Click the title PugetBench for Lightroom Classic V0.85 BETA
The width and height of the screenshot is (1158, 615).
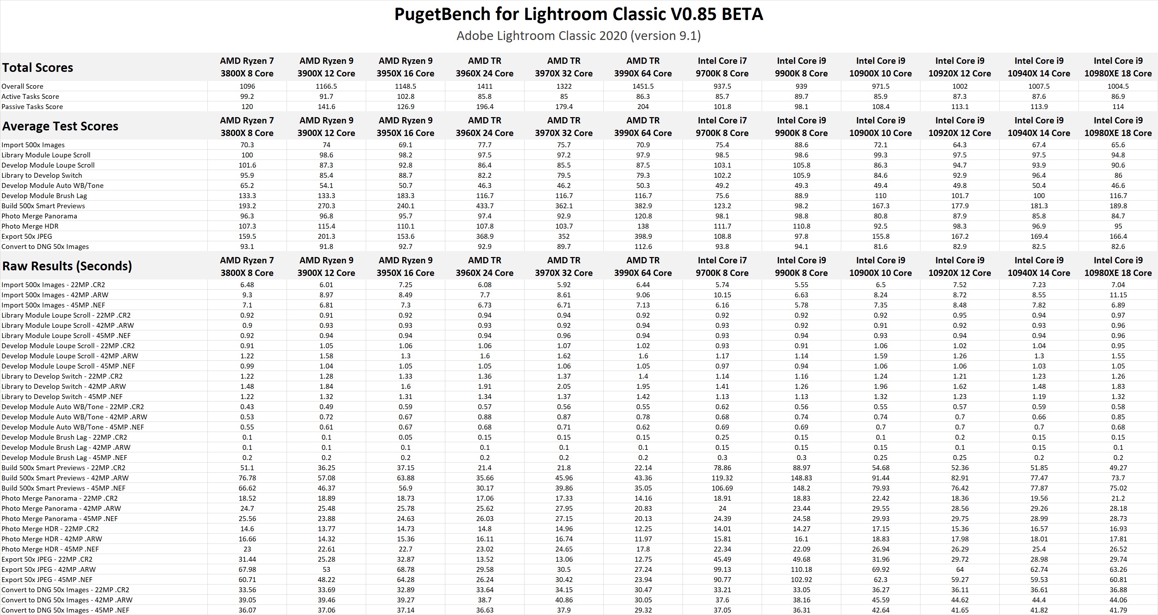(x=578, y=14)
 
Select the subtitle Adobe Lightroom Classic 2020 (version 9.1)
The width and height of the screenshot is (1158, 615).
(x=578, y=35)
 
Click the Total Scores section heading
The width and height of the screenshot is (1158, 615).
(x=38, y=67)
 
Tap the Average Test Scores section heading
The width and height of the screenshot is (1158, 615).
(x=60, y=126)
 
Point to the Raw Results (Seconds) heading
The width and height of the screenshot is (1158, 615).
(x=67, y=266)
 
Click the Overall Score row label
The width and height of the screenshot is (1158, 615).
(x=22, y=86)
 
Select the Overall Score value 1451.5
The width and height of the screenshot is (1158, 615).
(x=643, y=86)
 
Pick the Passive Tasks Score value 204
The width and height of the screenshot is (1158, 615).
(x=643, y=107)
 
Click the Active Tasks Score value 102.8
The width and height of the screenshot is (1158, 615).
(x=405, y=96)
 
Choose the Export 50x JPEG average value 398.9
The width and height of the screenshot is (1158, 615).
(x=643, y=237)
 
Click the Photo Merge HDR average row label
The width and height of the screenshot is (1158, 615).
(x=30, y=226)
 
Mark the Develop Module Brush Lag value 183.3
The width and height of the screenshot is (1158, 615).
(x=405, y=196)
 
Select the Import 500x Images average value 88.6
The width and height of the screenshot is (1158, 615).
(x=801, y=145)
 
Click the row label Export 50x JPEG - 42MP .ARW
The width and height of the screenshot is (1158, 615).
(x=49, y=569)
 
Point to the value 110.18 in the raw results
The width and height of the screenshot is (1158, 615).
(x=801, y=569)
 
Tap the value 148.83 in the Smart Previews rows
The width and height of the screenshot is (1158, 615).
(x=801, y=478)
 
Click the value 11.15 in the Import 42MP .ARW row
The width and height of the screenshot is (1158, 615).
(x=1118, y=295)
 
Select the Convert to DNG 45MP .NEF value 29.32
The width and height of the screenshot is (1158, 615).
(x=643, y=610)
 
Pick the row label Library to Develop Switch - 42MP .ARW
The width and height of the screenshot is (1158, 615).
(x=64, y=386)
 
